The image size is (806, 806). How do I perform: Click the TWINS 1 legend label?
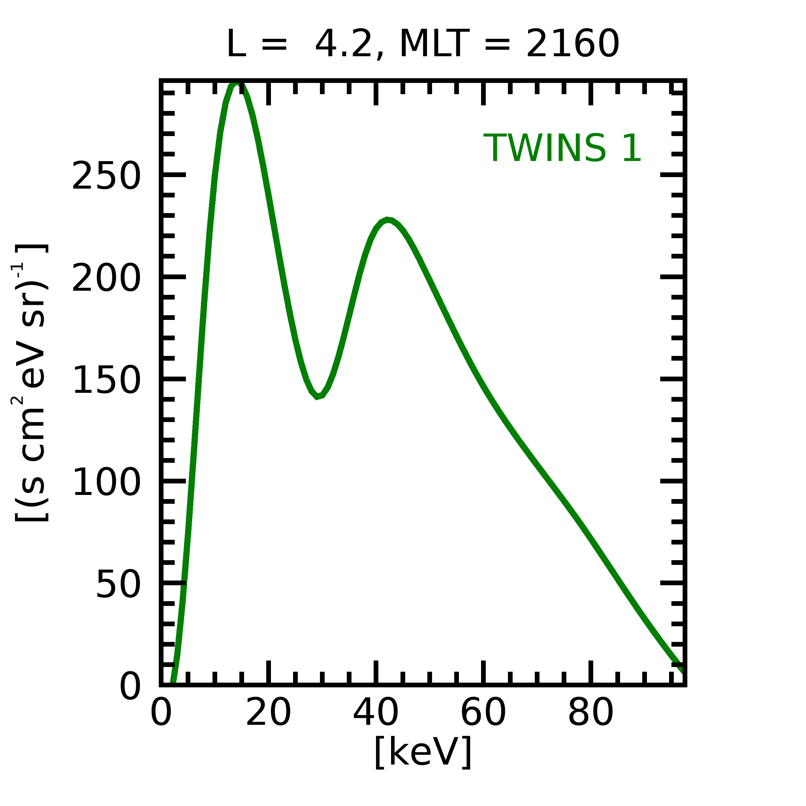(562, 148)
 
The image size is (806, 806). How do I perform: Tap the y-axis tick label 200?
(106, 278)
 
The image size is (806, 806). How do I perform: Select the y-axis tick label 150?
(106, 380)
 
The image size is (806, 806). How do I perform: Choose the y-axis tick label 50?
(118, 584)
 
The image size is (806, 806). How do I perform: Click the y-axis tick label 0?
(130, 686)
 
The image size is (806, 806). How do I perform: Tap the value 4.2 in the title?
(343, 44)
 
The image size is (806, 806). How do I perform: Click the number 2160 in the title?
(572, 44)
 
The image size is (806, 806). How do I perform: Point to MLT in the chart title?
(434, 44)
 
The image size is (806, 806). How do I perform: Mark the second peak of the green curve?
(388, 220)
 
